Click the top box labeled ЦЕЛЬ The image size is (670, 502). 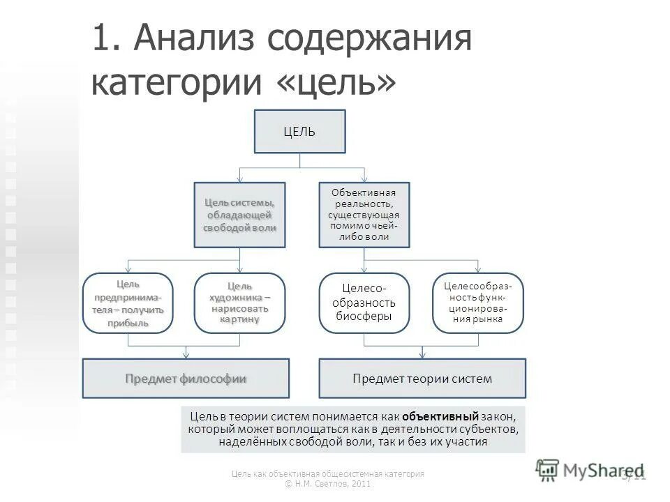[299, 131]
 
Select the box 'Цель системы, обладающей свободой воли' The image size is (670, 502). [239, 215]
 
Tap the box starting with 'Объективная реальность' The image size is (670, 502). [364, 215]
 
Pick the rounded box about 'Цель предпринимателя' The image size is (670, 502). [128, 303]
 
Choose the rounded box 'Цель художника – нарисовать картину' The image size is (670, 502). [239, 303]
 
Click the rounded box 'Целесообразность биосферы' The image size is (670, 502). [364, 303]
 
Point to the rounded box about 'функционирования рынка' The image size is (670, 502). [477, 303]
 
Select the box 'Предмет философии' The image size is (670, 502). [186, 379]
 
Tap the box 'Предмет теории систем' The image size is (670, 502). [422, 379]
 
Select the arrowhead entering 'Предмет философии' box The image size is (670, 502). [186, 355]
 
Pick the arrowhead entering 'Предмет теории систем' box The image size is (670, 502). [422, 355]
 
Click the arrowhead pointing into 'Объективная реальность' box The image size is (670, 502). [364, 178]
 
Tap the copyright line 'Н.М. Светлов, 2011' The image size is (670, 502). [328, 484]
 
